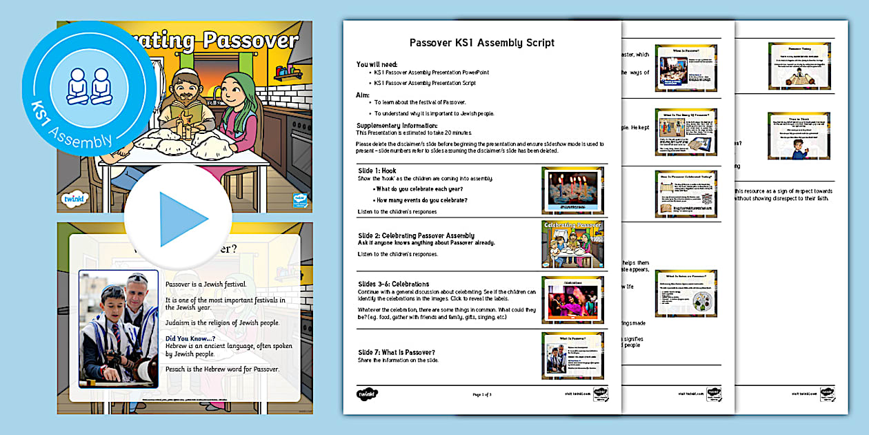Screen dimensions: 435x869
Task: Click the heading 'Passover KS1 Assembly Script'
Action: [x=481, y=43]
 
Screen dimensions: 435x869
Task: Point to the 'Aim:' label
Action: [x=363, y=95]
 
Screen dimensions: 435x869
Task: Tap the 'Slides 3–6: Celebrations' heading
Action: [x=393, y=284]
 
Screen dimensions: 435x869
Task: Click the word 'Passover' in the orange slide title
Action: [x=249, y=41]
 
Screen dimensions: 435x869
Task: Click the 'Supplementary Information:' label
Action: [x=397, y=126]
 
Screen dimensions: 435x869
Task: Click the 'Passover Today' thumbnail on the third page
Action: [x=799, y=66]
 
